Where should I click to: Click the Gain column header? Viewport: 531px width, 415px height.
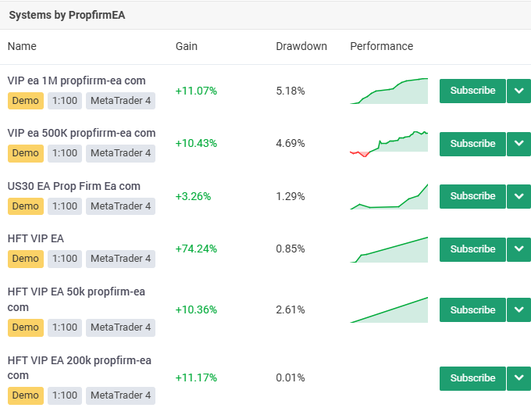187,46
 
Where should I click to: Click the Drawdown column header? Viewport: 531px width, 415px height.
301,46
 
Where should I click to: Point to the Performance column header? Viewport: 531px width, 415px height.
381,46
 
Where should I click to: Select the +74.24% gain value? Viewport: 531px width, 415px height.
196,249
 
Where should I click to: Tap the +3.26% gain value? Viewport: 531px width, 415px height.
193,196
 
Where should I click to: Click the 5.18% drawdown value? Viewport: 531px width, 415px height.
290,91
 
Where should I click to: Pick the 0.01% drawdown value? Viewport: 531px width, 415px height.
290,377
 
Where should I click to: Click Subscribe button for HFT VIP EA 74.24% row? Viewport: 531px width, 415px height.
472,249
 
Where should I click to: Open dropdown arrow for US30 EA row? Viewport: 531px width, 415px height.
519,196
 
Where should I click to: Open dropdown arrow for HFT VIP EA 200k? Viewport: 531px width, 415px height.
519,378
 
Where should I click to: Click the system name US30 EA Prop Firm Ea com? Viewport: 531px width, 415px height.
73,186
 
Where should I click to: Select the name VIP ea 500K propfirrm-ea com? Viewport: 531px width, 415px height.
81,133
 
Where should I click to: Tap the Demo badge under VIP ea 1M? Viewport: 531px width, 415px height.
25,101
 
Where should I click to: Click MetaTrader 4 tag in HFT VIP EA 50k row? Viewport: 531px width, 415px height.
121,327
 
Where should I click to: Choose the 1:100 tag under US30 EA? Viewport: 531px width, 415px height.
65,206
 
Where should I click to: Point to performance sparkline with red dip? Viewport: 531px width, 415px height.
389,142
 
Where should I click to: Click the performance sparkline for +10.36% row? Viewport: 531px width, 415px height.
389,310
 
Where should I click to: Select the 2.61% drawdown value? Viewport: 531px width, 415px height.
290,309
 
